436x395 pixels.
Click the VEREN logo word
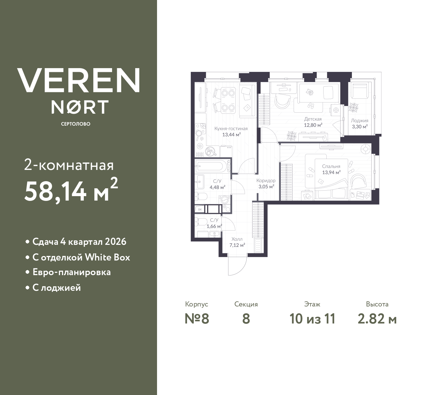pos(78,80)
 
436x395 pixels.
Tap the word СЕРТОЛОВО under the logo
pos(76,124)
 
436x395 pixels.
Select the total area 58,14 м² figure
pos(71,191)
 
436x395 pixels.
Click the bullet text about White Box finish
pos(81,257)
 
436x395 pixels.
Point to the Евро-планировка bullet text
pos(72,272)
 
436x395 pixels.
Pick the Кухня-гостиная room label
pos(231,129)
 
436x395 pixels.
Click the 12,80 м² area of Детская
pos(313,125)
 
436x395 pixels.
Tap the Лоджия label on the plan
pos(359,121)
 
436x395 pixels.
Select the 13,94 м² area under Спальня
pos(331,173)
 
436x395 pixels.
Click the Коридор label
pos(266,181)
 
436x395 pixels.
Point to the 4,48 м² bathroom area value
pos(217,187)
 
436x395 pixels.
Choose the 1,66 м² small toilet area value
pos(214,226)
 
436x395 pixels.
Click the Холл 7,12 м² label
pos(237,242)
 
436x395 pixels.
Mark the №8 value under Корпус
pos(197,319)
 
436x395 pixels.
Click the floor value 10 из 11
pos(312,319)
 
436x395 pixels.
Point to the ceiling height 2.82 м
pos(377,319)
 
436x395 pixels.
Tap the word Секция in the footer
pos(246,304)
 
